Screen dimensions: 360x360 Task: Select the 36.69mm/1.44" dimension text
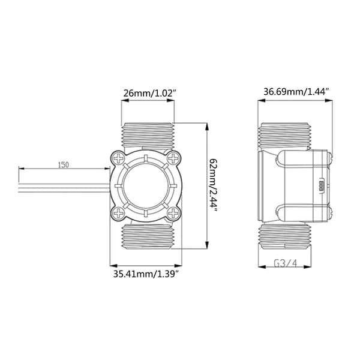click(296, 92)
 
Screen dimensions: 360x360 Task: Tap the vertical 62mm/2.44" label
click(213, 186)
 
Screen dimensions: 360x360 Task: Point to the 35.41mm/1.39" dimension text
click(146, 274)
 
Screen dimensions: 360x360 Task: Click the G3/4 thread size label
click(285, 263)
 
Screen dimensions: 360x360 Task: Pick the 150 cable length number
click(64, 164)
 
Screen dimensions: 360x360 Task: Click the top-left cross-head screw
click(119, 158)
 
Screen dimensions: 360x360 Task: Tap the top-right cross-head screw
click(173, 158)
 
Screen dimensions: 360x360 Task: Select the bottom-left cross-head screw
click(119, 213)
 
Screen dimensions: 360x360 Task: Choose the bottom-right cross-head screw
click(173, 213)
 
